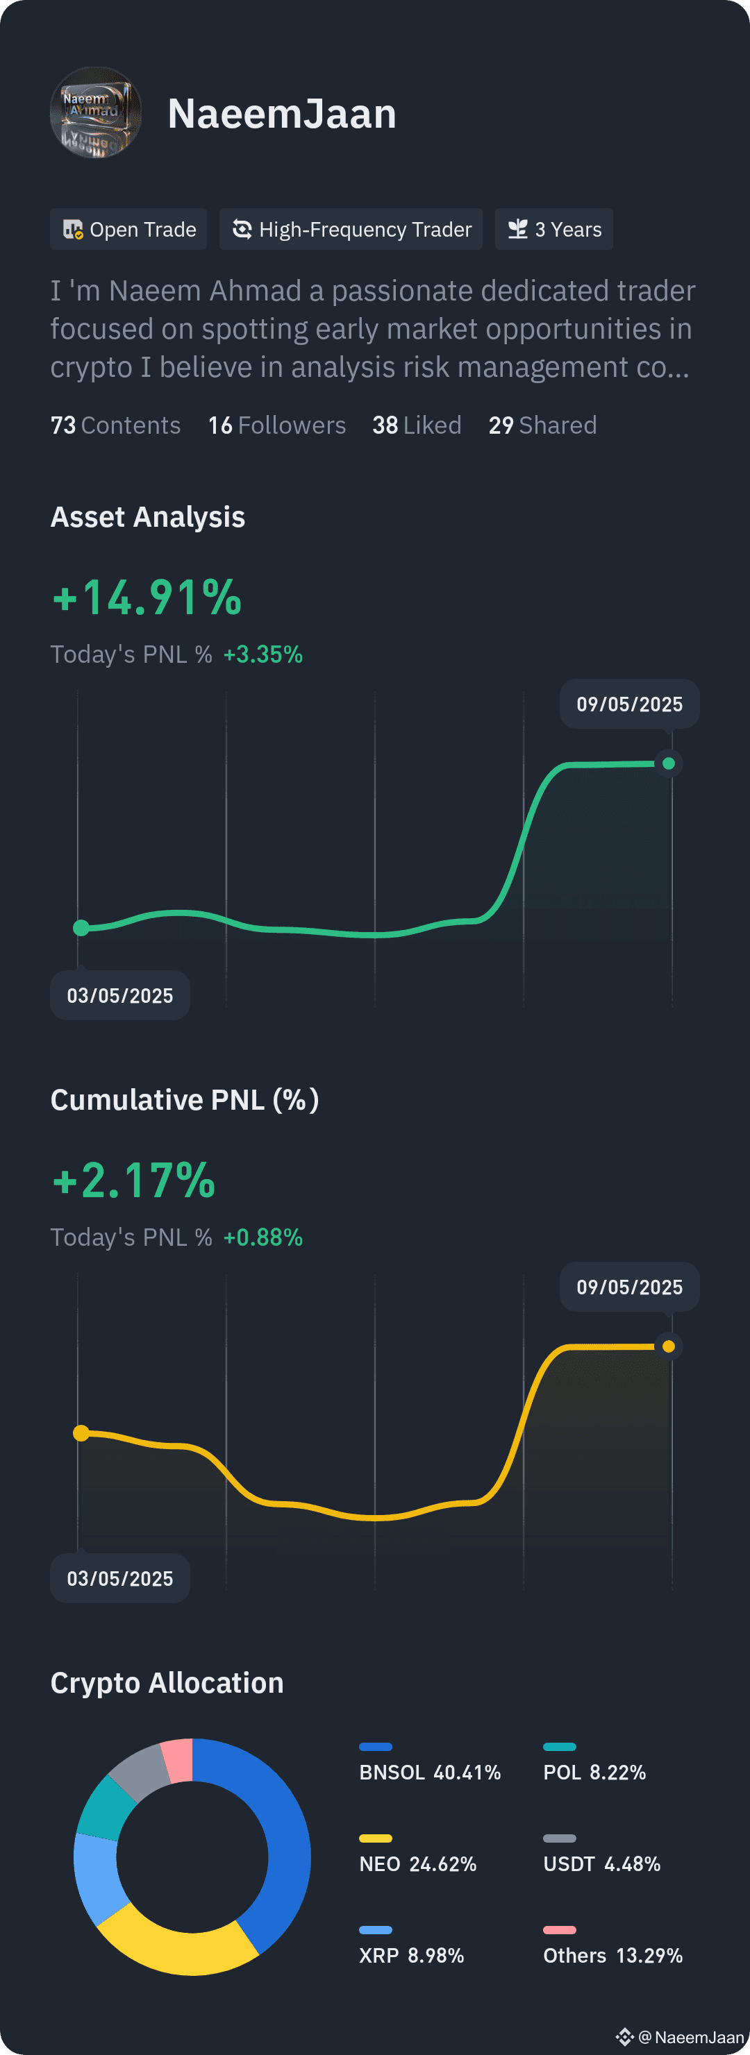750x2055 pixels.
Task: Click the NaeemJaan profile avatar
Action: click(96, 112)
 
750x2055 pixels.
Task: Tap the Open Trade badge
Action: click(128, 229)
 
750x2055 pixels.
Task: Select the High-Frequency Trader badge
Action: click(351, 229)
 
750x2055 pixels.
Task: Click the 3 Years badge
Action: click(553, 229)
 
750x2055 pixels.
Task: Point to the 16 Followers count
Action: click(277, 425)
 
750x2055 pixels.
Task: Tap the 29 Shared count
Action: click(542, 425)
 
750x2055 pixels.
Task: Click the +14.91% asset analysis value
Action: click(147, 598)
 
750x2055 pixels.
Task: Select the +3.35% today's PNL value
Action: click(263, 654)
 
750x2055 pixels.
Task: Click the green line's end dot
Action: click(669, 763)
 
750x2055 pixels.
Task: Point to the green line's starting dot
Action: click(81, 928)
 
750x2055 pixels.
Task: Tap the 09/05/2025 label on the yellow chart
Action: click(630, 1287)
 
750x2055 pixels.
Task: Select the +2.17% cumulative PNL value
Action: click(134, 1181)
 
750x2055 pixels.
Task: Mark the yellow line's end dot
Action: click(669, 1346)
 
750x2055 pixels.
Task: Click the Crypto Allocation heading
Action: click(167, 1682)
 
